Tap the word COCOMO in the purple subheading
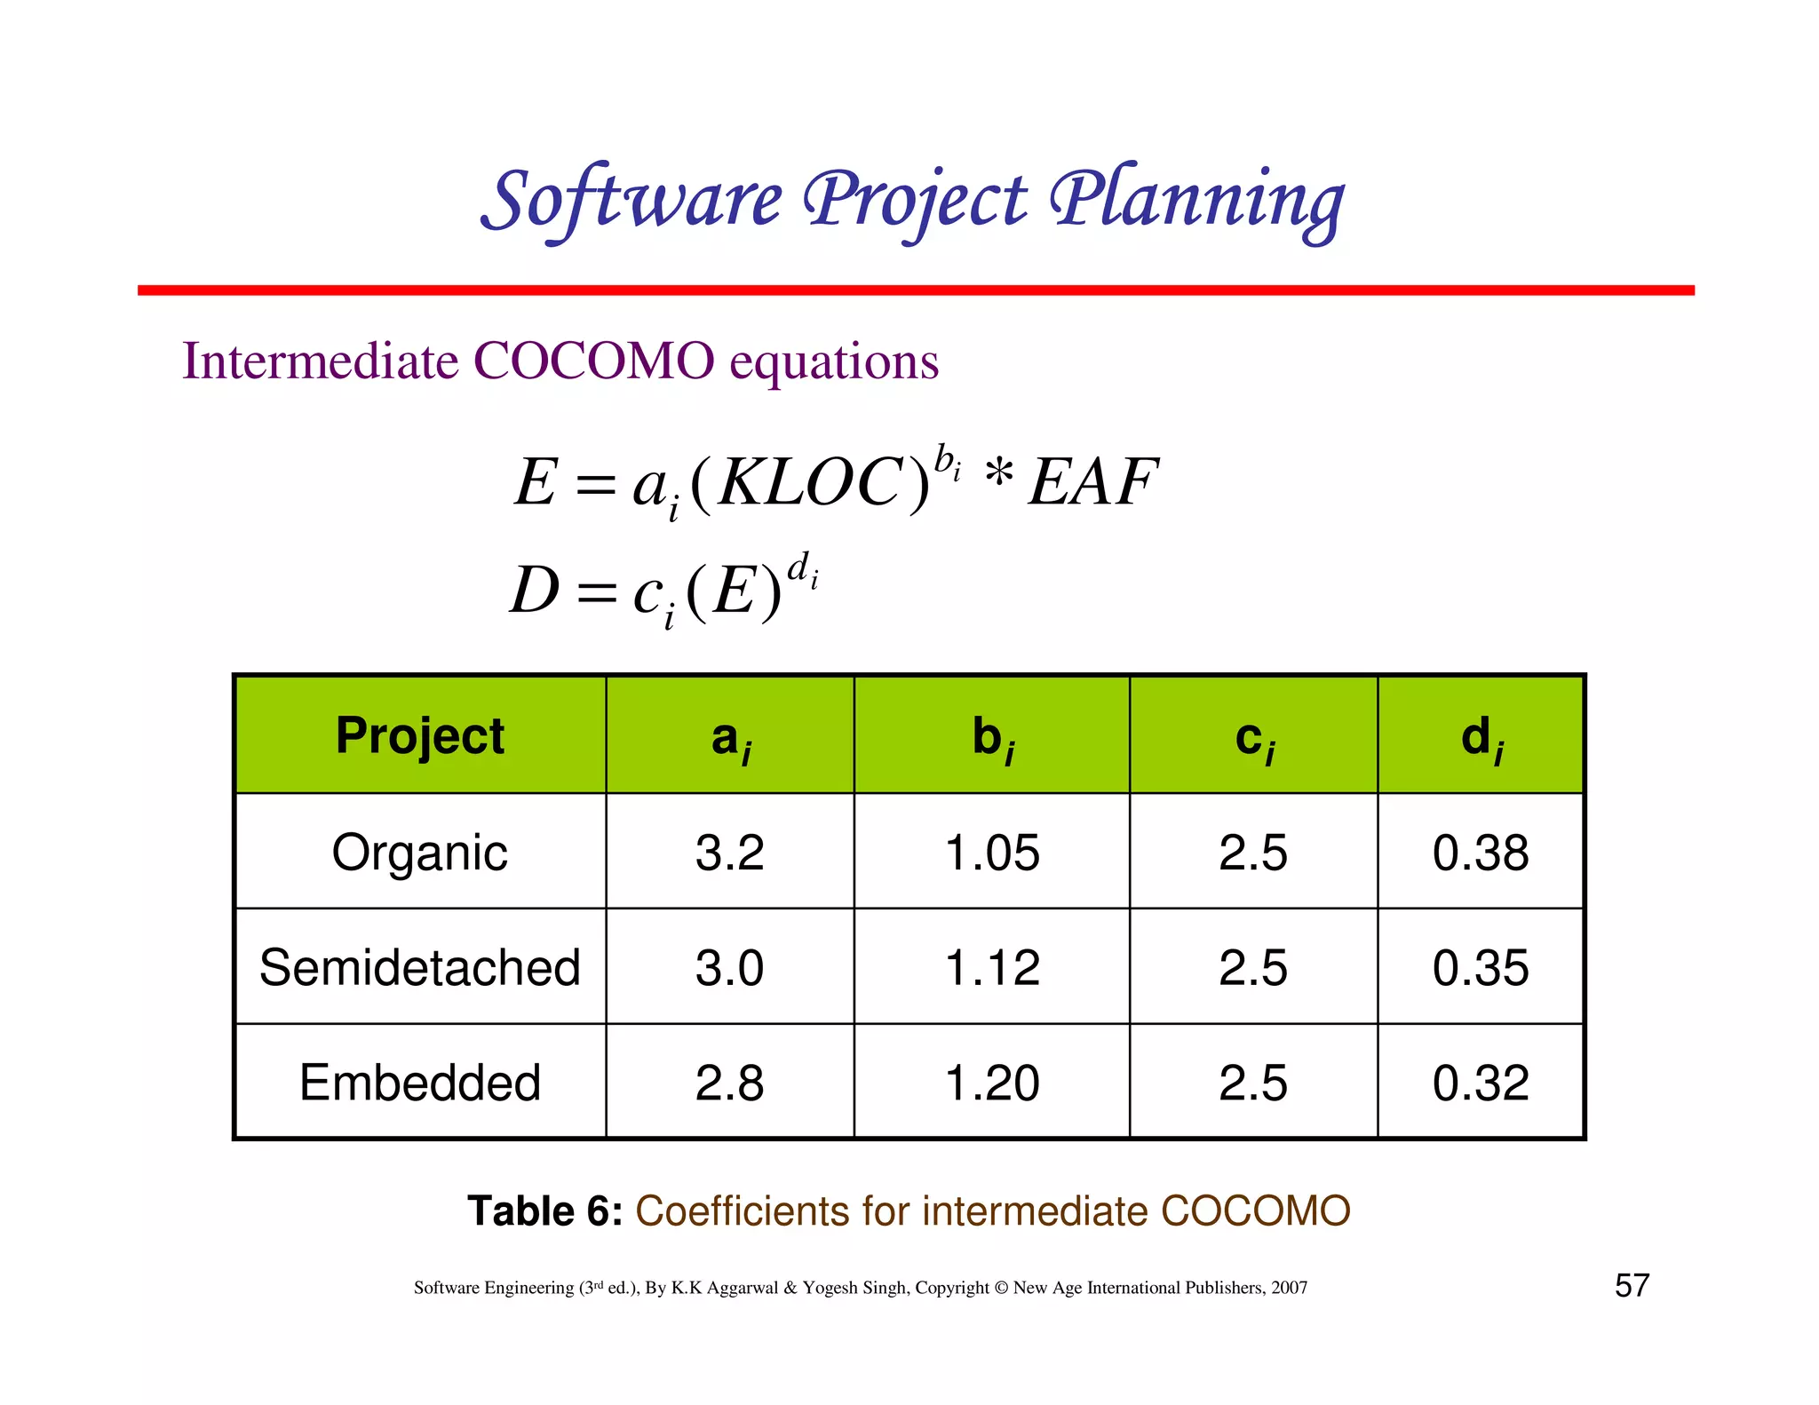(x=593, y=361)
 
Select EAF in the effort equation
(x=1092, y=483)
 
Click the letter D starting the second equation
(x=535, y=591)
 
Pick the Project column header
(x=420, y=736)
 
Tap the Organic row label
(x=420, y=853)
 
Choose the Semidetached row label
(x=420, y=967)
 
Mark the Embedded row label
(x=420, y=1083)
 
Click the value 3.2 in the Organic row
(x=729, y=853)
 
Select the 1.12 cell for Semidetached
(x=992, y=967)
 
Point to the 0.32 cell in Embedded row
(x=1481, y=1083)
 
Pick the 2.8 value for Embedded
(x=729, y=1083)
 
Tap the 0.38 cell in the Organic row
(x=1481, y=853)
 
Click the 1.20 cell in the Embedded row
(x=992, y=1083)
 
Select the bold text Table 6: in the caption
(x=544, y=1211)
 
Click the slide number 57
(x=1632, y=1286)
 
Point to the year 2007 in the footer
(x=1289, y=1288)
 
